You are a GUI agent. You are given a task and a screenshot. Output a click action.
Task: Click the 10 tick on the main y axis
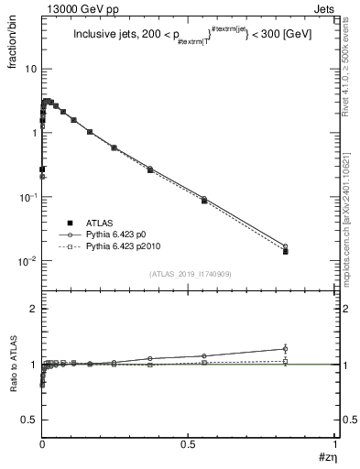[x=31, y=69]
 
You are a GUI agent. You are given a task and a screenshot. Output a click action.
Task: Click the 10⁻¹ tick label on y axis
[x=27, y=197]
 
